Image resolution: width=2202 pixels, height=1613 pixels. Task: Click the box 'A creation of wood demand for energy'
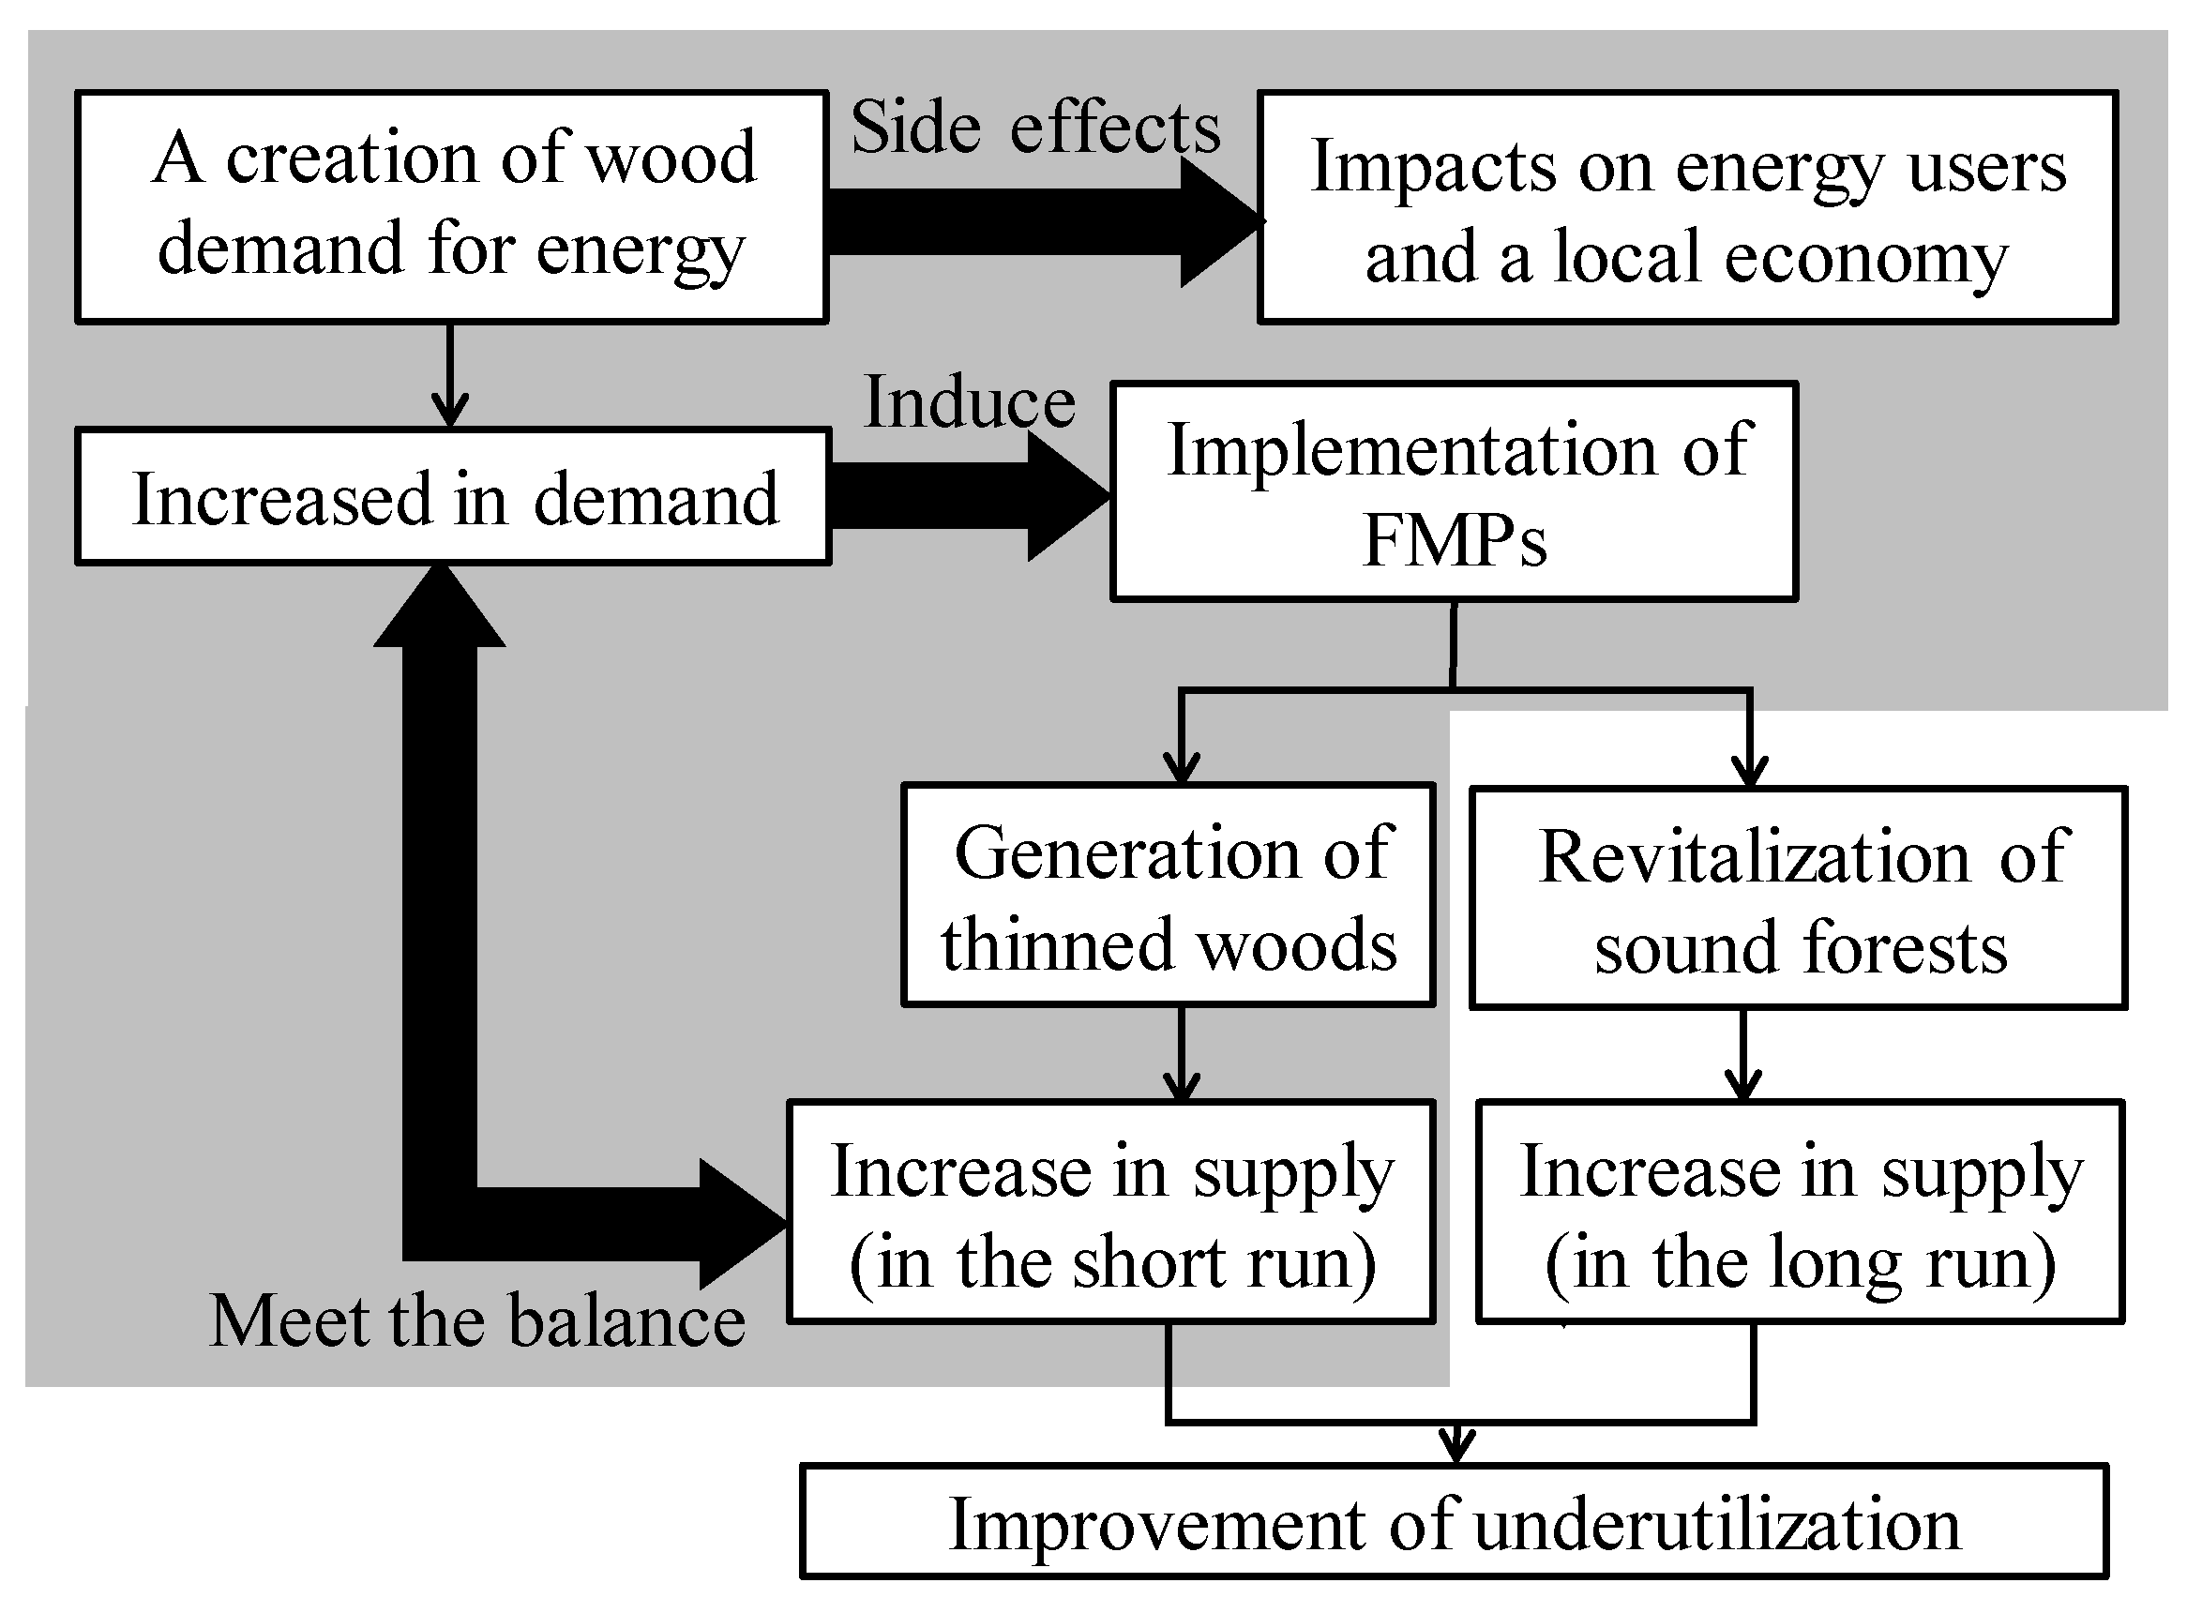click(x=451, y=207)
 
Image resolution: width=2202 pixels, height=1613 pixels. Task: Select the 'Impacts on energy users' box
click(x=1687, y=207)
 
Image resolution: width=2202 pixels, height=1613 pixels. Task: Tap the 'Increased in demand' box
click(x=453, y=497)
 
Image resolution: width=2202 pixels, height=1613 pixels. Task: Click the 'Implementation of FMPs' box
click(x=1454, y=491)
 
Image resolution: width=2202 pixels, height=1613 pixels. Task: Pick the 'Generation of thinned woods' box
click(x=1168, y=896)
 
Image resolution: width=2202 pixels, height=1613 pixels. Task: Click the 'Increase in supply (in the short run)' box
click(x=1111, y=1212)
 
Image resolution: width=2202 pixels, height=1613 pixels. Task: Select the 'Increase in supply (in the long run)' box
click(x=1800, y=1212)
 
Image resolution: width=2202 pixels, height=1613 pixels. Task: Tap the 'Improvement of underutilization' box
click(x=1454, y=1522)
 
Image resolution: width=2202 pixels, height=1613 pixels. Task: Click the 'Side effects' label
click(x=1035, y=128)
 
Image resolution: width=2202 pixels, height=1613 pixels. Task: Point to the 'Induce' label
click(x=970, y=402)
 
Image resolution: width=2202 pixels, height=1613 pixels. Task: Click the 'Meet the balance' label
click(x=477, y=1321)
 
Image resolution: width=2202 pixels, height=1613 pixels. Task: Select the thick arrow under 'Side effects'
click(x=1035, y=221)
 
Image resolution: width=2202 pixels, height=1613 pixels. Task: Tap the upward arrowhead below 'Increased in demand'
click(x=441, y=608)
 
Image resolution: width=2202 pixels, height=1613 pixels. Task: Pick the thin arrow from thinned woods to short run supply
click(x=1182, y=1053)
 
